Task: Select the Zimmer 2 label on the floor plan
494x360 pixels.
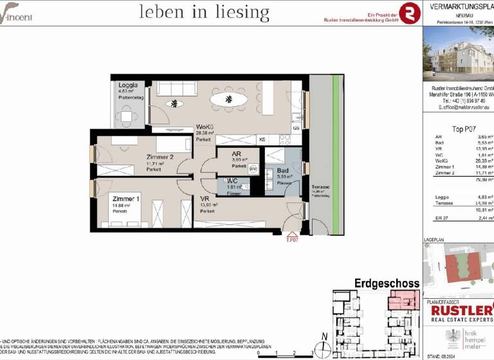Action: pyautogui.click(x=160, y=157)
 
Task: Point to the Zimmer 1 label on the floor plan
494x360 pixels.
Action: pyautogui.click(x=126, y=199)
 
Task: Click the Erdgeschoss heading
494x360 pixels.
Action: pyautogui.click(x=387, y=283)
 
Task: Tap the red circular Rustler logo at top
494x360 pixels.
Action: pyautogui.click(x=409, y=12)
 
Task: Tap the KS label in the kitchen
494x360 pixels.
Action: pyautogui.click(x=262, y=139)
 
